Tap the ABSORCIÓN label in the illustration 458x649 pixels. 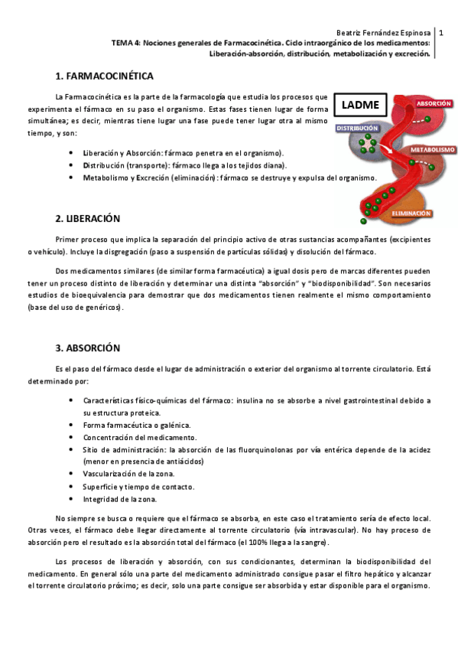pyautogui.click(x=433, y=103)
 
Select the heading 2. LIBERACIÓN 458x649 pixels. pyautogui.click(x=88, y=218)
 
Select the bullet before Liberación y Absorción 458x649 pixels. pyautogui.click(x=71, y=153)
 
